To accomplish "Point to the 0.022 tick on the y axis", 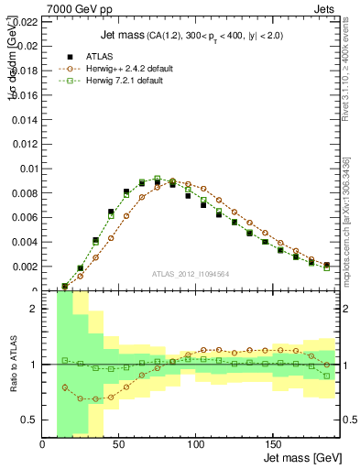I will [25, 19].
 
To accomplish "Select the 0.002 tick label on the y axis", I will [25, 267].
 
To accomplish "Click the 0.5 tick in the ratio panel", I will [30, 420].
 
